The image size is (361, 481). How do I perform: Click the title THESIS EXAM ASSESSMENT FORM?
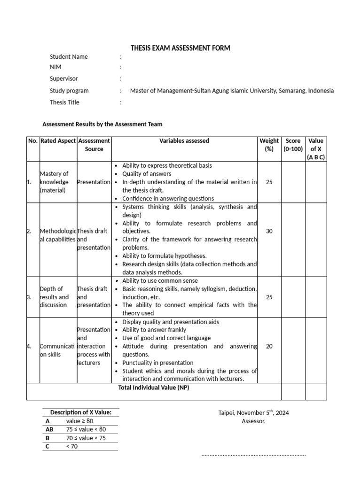pos(180,48)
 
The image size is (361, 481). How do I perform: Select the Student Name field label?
pos(69,57)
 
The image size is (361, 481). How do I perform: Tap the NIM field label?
pos(55,67)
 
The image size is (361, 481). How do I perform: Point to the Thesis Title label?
pos(64,102)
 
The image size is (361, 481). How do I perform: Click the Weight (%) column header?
pos(269,145)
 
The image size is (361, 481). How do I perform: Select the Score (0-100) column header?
pos(293,145)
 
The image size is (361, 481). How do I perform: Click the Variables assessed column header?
pos(184,141)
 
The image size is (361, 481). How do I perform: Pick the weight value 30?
pos(269,231)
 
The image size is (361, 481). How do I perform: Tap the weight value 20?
pos(269,346)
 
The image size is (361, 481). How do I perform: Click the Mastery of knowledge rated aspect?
pos(54,182)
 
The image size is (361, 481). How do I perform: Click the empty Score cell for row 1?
pos(293,182)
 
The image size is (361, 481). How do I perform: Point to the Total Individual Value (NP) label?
pos(153,388)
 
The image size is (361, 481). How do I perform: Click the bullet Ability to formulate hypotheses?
pos(164,256)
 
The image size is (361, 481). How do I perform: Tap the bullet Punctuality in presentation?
pos(157,363)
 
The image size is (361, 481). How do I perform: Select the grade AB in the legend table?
pos(49,429)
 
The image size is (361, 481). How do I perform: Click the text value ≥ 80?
pos(80,421)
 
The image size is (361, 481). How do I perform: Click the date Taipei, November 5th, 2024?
pos(253,413)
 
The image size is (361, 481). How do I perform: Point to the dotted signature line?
pos(253,455)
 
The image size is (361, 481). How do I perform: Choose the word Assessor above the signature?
pos(253,421)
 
